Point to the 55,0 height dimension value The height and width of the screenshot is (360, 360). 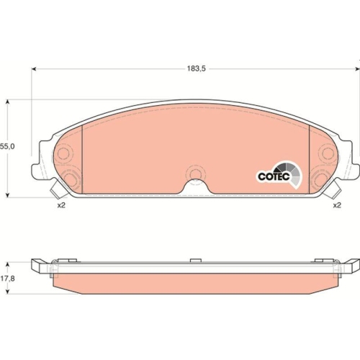tap(7, 146)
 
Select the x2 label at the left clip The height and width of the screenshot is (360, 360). tap(62, 206)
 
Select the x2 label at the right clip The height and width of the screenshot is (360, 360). tap(336, 206)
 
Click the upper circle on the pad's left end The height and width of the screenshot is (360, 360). tap(63, 153)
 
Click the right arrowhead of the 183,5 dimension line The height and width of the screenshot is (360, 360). tap(356, 68)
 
